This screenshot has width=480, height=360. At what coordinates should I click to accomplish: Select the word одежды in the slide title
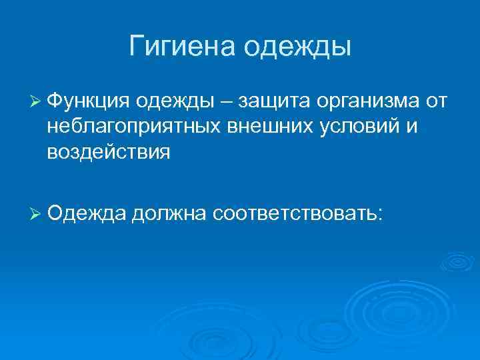tap(298, 47)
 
